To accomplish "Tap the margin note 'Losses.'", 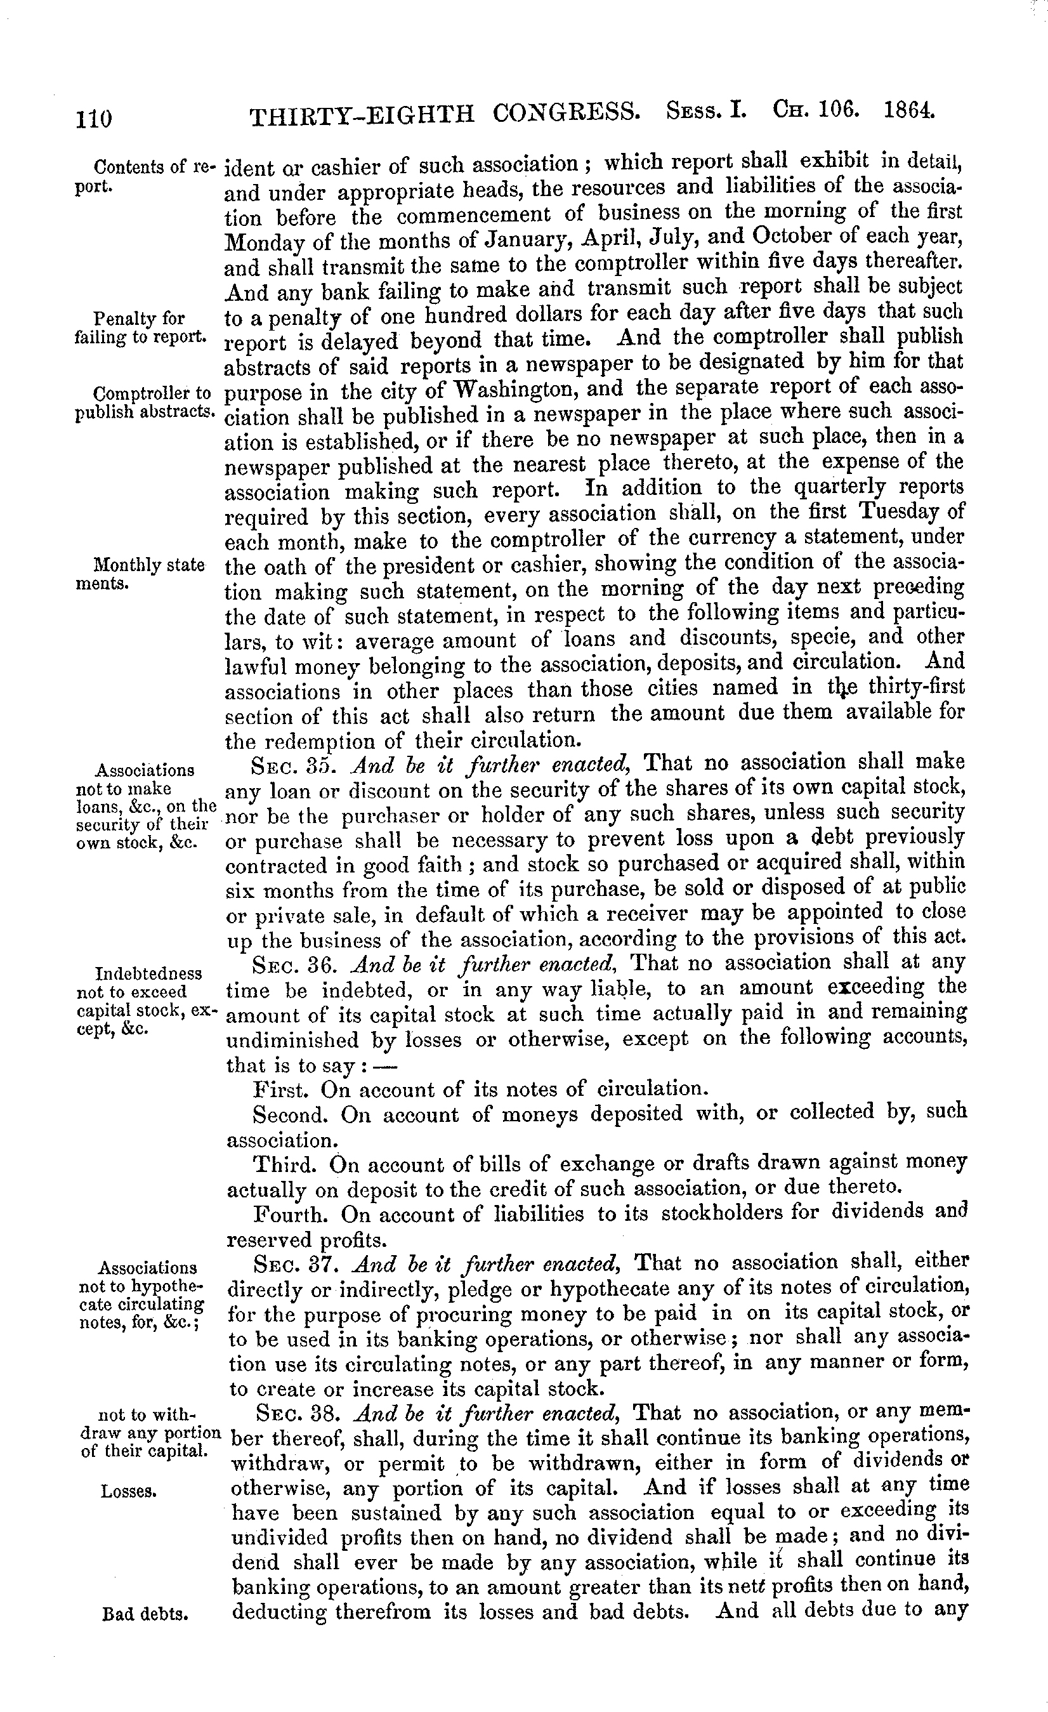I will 129,1491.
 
